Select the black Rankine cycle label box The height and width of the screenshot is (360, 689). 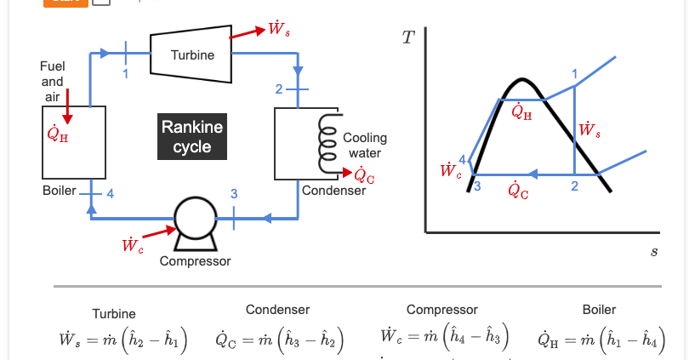pos(192,136)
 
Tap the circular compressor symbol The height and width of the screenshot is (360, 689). pos(196,218)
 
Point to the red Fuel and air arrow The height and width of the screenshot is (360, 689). pos(67,106)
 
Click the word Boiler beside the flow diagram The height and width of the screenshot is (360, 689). pos(60,191)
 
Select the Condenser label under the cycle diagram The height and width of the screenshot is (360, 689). pos(333,191)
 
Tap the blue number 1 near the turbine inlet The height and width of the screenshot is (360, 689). pos(126,73)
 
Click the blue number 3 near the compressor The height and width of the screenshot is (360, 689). pos(234,193)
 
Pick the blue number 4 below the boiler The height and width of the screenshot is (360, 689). pos(111,193)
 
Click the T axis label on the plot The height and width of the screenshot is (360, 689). pos(408,37)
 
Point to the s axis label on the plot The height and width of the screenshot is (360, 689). pos(654,251)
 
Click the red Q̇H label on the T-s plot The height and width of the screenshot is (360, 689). pos(521,111)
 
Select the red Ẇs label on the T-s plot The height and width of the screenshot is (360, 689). pos(589,129)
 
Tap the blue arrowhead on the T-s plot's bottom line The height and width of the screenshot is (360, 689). pos(532,174)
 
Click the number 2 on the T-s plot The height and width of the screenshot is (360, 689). pos(574,186)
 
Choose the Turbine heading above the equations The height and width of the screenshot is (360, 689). pos(114,314)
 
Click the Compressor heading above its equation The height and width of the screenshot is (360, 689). pos(442,310)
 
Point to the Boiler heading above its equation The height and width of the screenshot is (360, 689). pos(599,310)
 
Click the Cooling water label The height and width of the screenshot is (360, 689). pos(365,146)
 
